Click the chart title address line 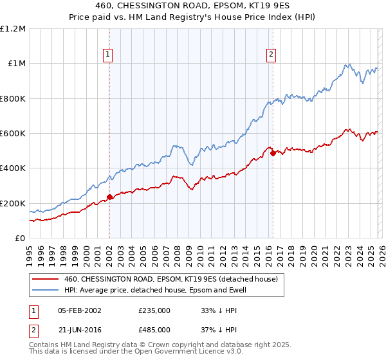pyautogui.click(x=193, y=6)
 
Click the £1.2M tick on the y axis pyautogui.click(x=13, y=29)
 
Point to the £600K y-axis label pyautogui.click(x=12, y=134)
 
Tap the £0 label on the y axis pyautogui.click(x=19, y=239)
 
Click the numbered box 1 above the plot pyautogui.click(x=108, y=55)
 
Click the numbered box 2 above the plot pyautogui.click(x=271, y=55)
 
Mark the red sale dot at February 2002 pyautogui.click(x=109, y=197)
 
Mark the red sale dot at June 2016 pyautogui.click(x=273, y=153)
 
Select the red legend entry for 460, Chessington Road pyautogui.click(x=170, y=279)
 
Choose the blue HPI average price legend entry pyautogui.click(x=155, y=291)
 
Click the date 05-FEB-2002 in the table pyautogui.click(x=79, y=310)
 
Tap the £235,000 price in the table pyautogui.click(x=154, y=310)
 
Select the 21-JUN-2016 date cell pyautogui.click(x=79, y=330)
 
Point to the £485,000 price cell pyautogui.click(x=154, y=330)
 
